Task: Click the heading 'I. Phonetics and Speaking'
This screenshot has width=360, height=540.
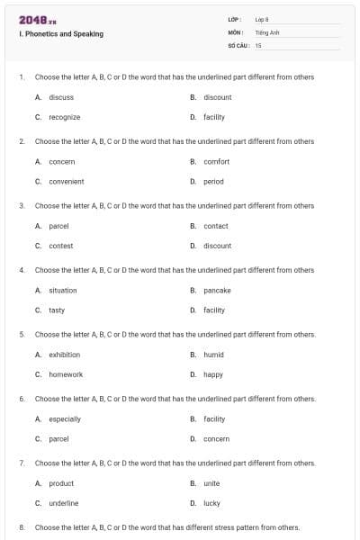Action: [x=61, y=34]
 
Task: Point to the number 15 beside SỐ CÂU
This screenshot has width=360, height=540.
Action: [x=258, y=44]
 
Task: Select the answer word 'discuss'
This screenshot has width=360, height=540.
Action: [x=61, y=97]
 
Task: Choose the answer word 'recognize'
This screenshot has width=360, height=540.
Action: [x=65, y=117]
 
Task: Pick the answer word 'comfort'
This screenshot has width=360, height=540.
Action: [x=217, y=162]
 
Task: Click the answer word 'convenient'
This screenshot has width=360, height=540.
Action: [x=67, y=181]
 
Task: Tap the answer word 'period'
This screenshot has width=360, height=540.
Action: [x=214, y=181]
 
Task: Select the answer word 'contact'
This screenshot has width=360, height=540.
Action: [x=216, y=226]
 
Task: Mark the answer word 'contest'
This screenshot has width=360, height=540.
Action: [x=61, y=246]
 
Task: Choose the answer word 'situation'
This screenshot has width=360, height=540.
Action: [x=63, y=291]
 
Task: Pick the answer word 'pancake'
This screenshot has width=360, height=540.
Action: [x=218, y=291]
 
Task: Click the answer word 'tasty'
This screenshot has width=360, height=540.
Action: [x=57, y=310]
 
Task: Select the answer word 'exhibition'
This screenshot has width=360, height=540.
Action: [x=65, y=355]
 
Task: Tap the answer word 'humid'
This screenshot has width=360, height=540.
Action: [x=214, y=355]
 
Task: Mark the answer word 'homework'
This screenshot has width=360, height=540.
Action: [x=66, y=374]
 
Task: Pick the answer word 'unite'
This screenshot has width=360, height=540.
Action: [x=212, y=483]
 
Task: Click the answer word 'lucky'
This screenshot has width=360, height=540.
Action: [x=212, y=503]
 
